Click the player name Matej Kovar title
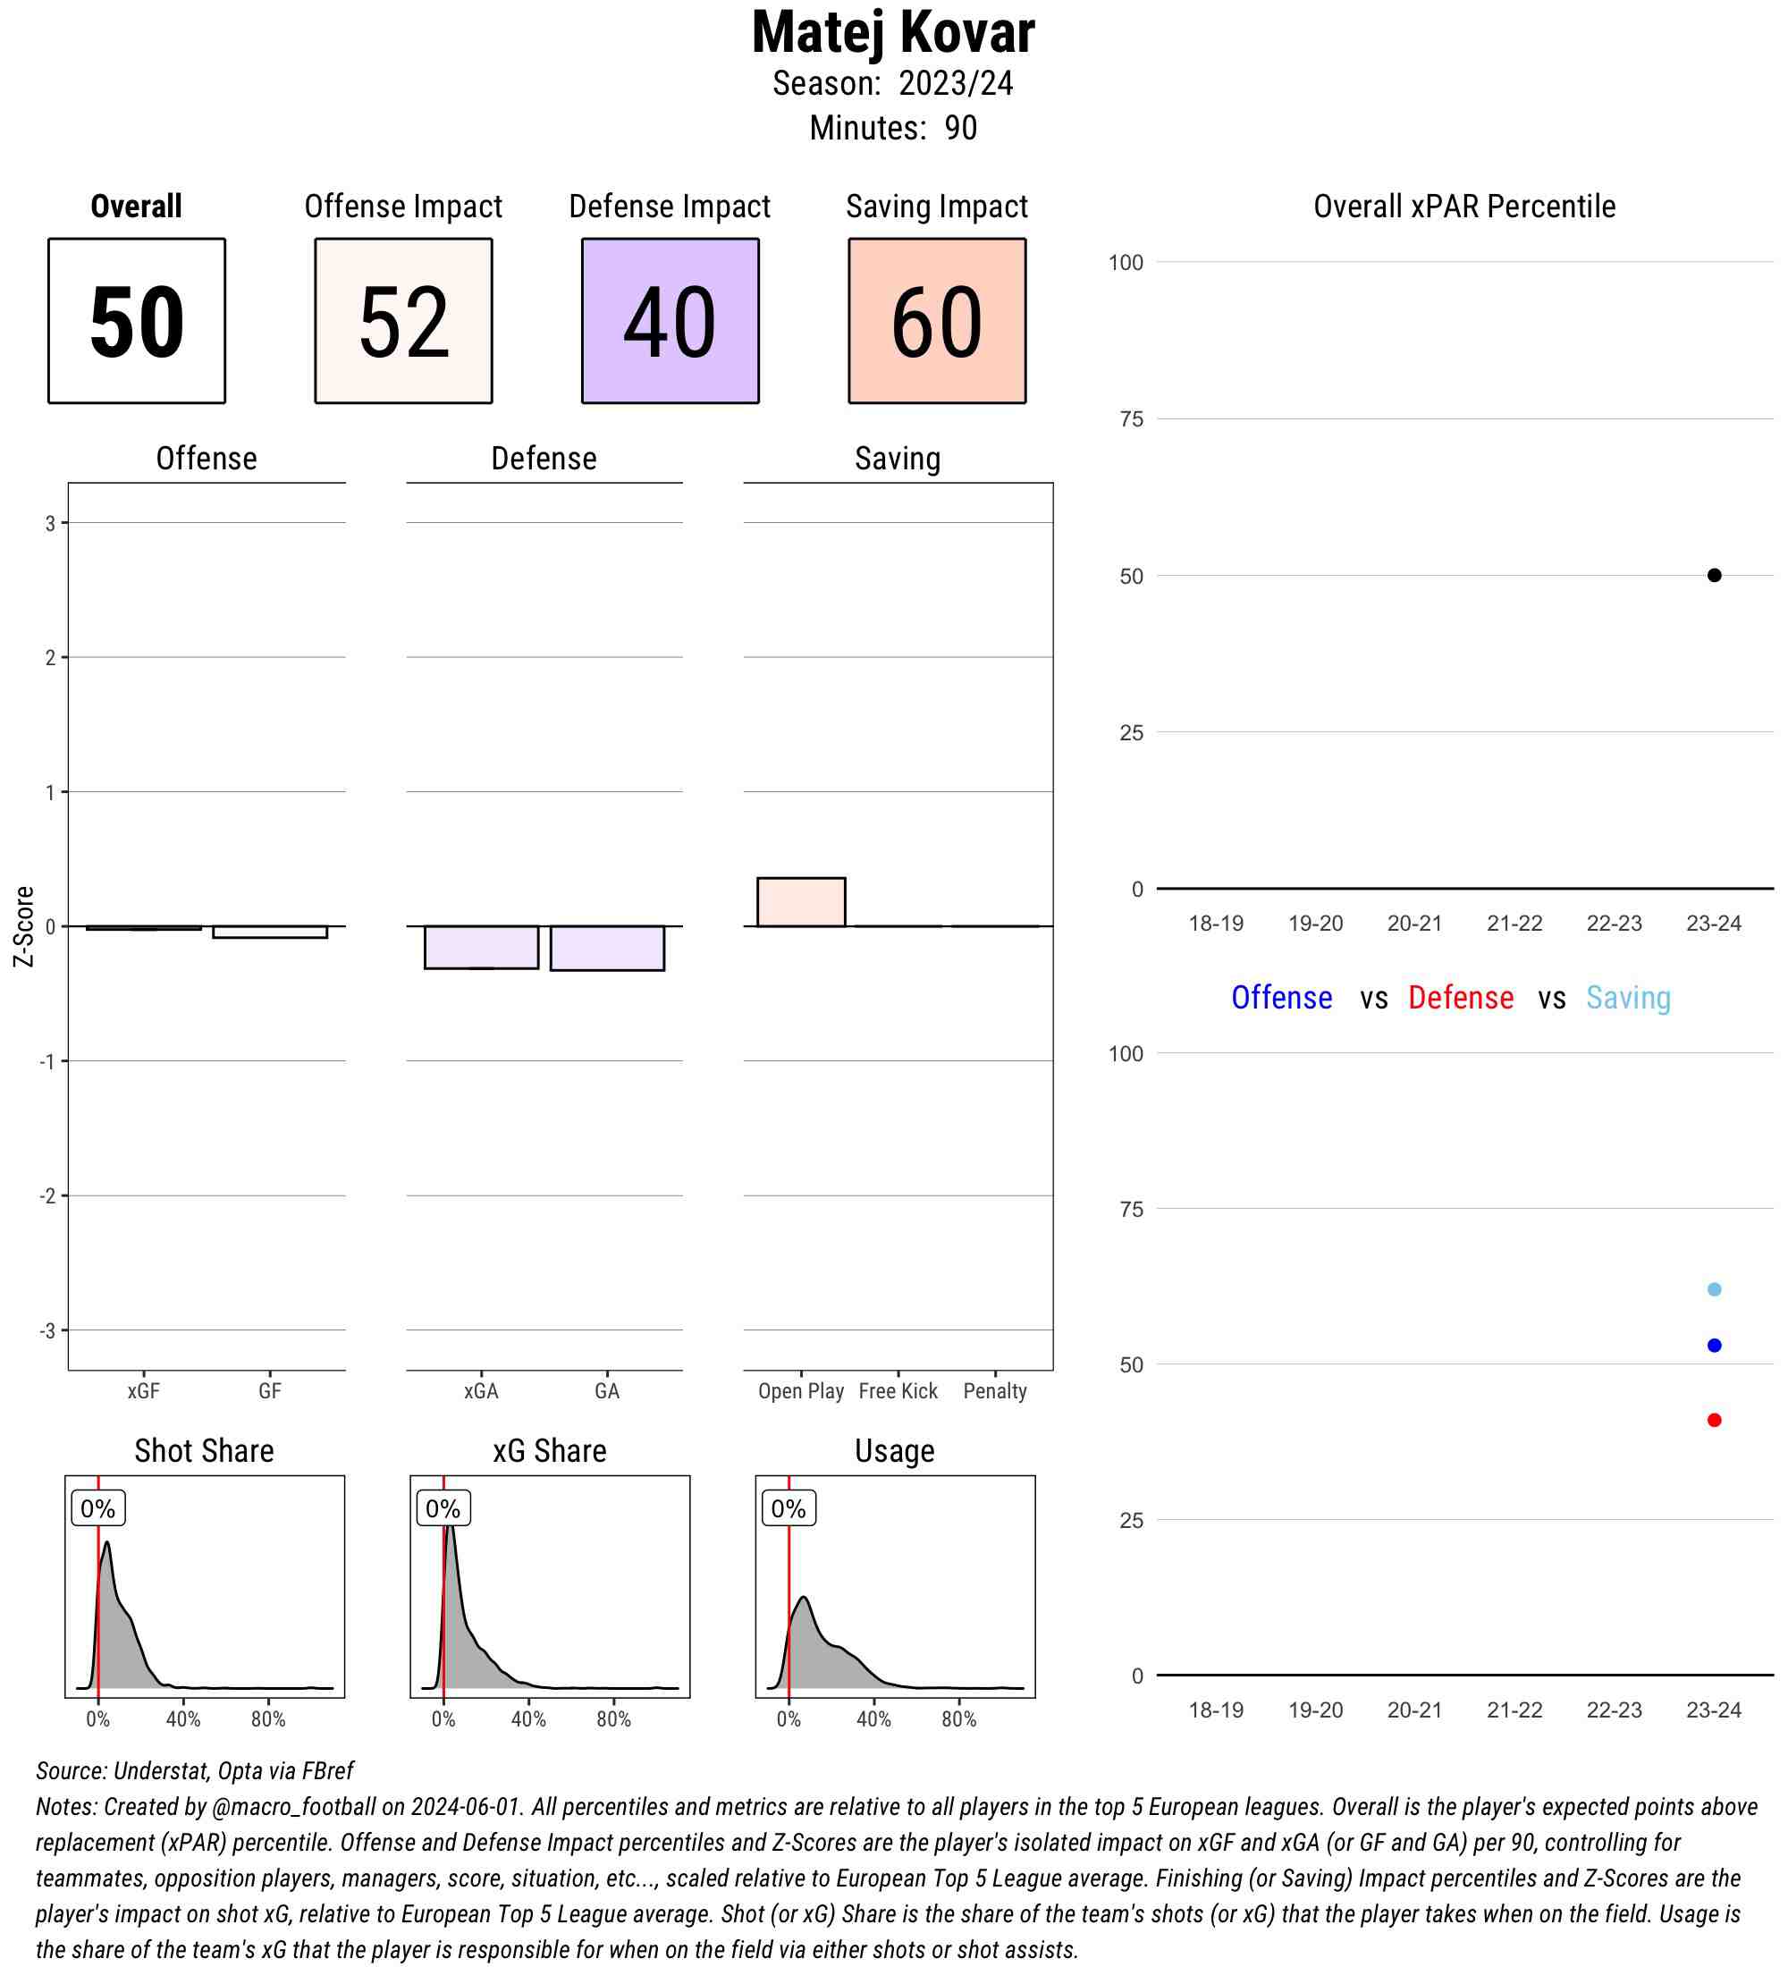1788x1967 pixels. (892, 33)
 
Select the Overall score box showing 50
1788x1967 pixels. (137, 320)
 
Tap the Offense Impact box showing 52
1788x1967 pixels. (403, 320)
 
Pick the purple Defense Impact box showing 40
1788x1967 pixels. (670, 320)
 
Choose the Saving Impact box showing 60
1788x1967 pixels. (936, 320)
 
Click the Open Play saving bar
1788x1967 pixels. (801, 901)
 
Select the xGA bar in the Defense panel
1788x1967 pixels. (481, 947)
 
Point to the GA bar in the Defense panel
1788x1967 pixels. (607, 948)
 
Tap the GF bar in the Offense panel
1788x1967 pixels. (269, 932)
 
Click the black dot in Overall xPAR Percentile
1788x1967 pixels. (1714, 576)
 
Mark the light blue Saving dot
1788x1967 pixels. (1714, 1289)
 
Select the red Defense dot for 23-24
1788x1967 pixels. (1714, 1420)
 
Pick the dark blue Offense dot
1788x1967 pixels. (1714, 1346)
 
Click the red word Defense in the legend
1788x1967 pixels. (1460, 997)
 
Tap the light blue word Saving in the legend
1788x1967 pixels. (1628, 997)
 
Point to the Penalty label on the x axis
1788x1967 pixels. (994, 1390)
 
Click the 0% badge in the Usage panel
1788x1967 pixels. (789, 1508)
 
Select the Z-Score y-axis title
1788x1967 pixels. (23, 926)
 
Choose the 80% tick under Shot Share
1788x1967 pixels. (268, 1719)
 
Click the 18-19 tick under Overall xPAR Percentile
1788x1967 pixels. (1216, 923)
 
